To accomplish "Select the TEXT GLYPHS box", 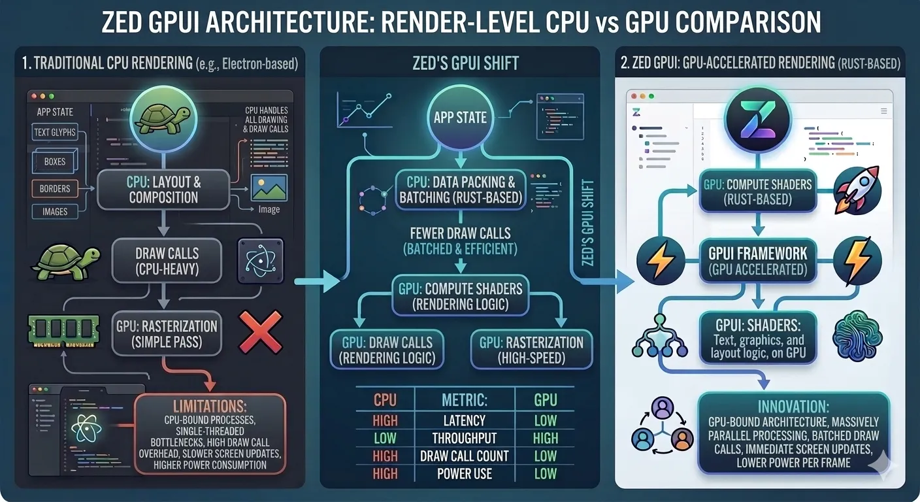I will pyautogui.click(x=55, y=133).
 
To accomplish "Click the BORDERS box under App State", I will pyautogui.click(x=55, y=189).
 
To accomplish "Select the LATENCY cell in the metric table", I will pyautogui.click(x=465, y=420).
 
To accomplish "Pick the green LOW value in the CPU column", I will pyautogui.click(x=385, y=438).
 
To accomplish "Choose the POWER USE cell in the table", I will pyautogui.click(x=465, y=474).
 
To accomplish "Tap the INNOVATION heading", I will pyautogui.click(x=793, y=405).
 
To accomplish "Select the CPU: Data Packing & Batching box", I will pyautogui.click(x=461, y=190).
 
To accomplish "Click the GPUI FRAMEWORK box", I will pyautogui.click(x=758, y=261).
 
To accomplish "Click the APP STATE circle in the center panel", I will pyautogui.click(x=461, y=118).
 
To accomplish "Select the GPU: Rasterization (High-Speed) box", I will pyautogui.click(x=531, y=350).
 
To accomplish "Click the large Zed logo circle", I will pyautogui.click(x=758, y=120).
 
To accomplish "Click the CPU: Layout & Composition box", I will pyautogui.click(x=163, y=189).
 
